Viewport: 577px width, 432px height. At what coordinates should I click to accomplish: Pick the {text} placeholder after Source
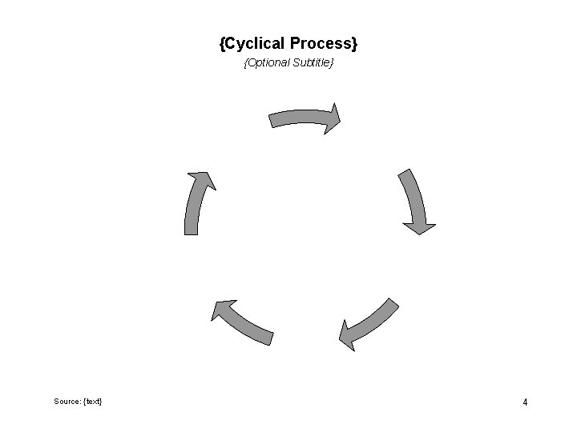(93, 401)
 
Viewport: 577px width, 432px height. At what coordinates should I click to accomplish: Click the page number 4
(525, 402)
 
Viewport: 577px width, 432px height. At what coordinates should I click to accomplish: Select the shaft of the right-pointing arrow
(297, 118)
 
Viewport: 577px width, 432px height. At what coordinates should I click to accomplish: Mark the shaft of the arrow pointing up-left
(248, 325)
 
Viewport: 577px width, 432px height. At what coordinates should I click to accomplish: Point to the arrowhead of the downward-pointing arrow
(419, 227)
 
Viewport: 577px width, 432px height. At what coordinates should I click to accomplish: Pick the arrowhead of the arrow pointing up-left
(223, 310)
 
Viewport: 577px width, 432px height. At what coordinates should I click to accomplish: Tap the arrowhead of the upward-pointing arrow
(201, 180)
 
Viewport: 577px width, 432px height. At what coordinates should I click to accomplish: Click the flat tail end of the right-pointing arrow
(272, 120)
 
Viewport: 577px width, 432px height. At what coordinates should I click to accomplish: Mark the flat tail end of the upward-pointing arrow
(191, 232)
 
